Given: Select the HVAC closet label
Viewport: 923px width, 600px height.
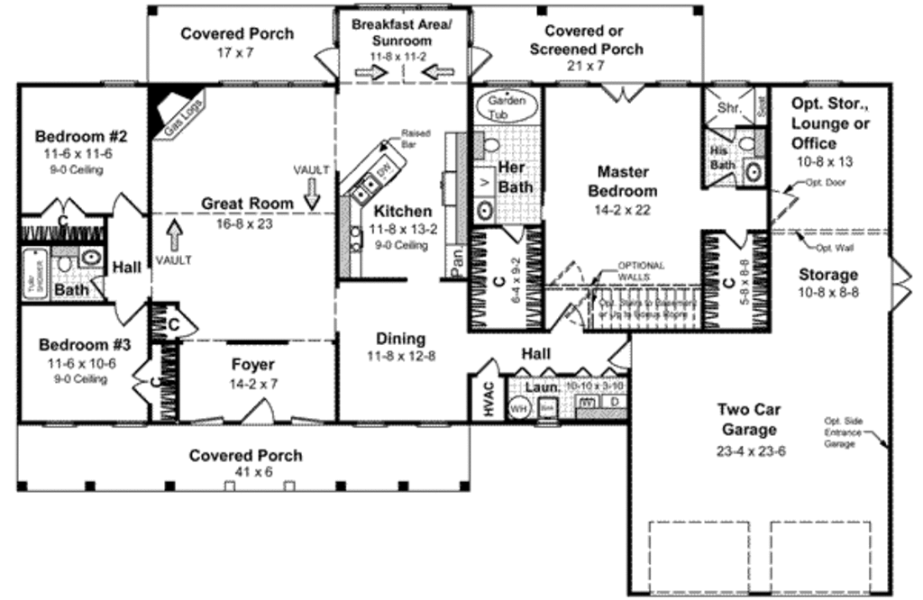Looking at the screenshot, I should click(x=488, y=399).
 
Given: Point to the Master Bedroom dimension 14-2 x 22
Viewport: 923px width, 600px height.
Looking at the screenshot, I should click(x=622, y=210).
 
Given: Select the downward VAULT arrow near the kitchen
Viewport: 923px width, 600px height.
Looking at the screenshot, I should click(x=311, y=192).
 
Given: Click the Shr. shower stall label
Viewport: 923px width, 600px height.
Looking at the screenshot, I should click(x=728, y=108).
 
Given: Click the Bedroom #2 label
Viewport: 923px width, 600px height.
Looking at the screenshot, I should click(x=81, y=137).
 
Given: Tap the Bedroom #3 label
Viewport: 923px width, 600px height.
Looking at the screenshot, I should click(x=79, y=345).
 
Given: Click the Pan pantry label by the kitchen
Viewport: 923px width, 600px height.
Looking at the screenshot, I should click(x=457, y=260).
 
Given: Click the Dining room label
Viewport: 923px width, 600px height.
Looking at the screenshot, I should click(x=401, y=339).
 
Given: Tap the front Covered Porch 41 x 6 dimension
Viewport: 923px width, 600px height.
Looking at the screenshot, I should click(x=245, y=473).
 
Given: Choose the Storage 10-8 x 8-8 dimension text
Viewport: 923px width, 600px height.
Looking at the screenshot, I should click(x=827, y=293).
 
